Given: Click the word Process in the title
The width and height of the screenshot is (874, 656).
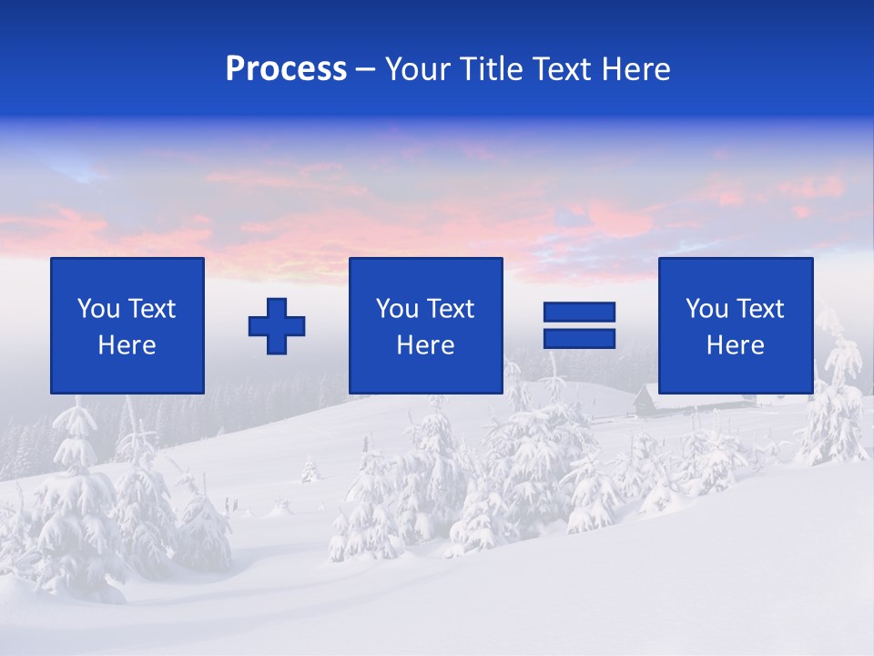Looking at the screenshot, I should click(x=286, y=69).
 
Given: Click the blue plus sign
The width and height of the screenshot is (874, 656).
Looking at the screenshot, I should click(x=277, y=326).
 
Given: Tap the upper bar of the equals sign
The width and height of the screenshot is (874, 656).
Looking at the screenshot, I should click(x=579, y=313).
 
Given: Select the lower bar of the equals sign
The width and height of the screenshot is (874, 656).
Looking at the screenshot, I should click(x=579, y=338).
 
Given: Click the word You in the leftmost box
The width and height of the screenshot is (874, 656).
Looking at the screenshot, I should click(x=98, y=309).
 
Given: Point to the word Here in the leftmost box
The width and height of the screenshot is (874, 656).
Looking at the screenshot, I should click(x=127, y=345).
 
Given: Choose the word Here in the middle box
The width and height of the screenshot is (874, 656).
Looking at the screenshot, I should click(x=426, y=345).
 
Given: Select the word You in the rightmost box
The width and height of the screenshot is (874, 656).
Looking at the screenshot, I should click(x=706, y=309).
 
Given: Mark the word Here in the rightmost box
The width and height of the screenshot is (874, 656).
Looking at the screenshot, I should click(x=736, y=345).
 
